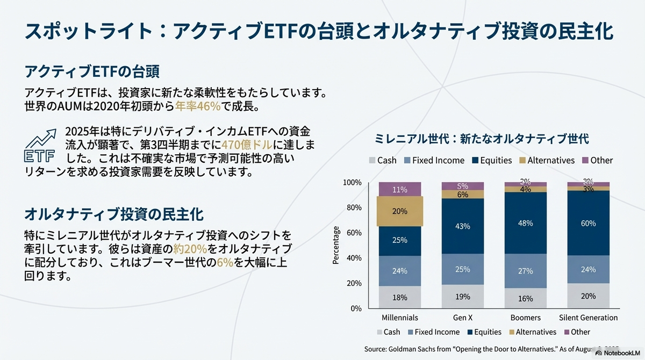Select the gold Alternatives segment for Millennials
click(400, 211)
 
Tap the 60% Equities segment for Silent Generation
click(588, 223)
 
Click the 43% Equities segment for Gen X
click(462, 226)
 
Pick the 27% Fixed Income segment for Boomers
click(525, 271)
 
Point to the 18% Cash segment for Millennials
click(400, 297)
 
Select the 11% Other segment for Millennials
click(400, 190)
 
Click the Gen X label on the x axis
click(462, 318)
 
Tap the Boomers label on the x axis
click(525, 318)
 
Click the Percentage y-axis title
click(336, 245)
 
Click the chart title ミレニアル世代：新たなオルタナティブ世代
click(482, 139)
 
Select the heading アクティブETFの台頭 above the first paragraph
click(92, 72)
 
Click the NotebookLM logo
click(618, 353)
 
